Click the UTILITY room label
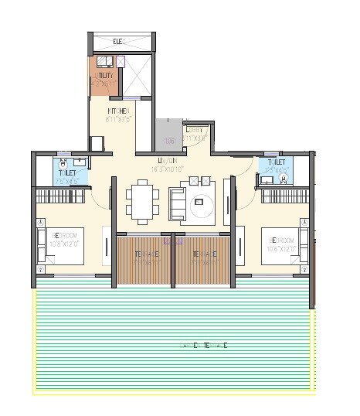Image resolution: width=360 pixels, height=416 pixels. coord(105,76)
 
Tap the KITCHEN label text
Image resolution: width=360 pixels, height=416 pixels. coord(118,111)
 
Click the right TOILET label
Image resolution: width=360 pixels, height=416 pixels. coord(277,162)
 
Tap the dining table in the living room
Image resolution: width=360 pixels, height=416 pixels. coord(141,199)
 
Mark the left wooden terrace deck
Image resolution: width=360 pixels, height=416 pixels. coord(144,257)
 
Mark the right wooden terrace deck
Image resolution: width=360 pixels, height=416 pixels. coord(202,257)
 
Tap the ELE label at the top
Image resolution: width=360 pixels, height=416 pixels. coord(118,41)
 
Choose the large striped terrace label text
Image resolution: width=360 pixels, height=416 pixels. coord(204,345)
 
